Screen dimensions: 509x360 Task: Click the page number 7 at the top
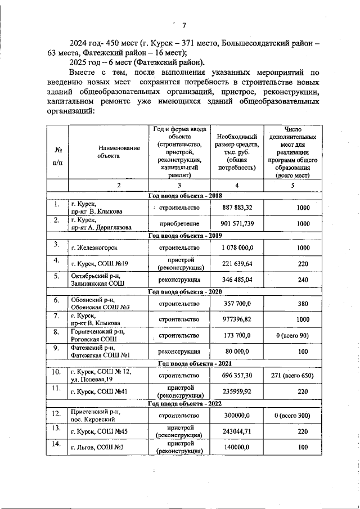(183, 23)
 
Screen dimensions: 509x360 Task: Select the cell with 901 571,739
(237, 224)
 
